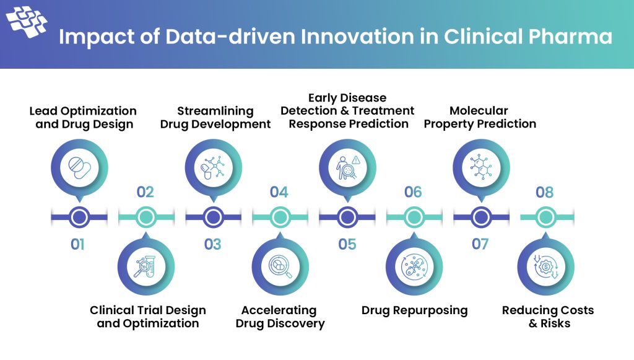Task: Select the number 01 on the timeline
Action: pyautogui.click(x=77, y=244)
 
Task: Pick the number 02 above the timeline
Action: pyautogui.click(x=145, y=192)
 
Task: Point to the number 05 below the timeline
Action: pyautogui.click(x=347, y=244)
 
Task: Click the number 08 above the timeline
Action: pyautogui.click(x=545, y=192)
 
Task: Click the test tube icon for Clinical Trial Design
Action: pyautogui.click(x=146, y=266)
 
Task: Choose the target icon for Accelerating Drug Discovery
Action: pyautogui.click(x=280, y=266)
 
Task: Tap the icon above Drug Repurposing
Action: pyautogui.click(x=414, y=266)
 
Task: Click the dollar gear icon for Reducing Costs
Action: pyautogui.click(x=545, y=266)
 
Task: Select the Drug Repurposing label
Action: pyautogui.click(x=414, y=310)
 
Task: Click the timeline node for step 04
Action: pyautogui.click(x=280, y=217)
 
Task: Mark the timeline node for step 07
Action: pyautogui.click(x=480, y=217)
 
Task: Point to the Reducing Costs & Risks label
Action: pyautogui.click(x=547, y=317)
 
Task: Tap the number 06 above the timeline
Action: pyautogui.click(x=413, y=192)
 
